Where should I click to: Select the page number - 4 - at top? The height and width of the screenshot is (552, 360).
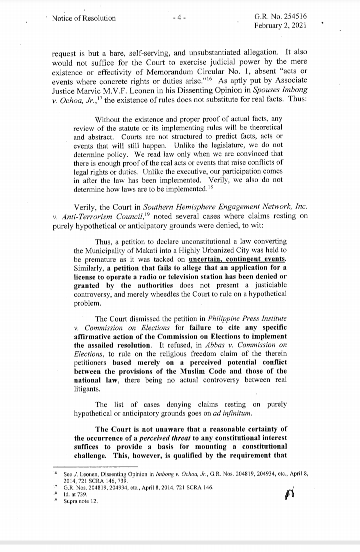point(179,18)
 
